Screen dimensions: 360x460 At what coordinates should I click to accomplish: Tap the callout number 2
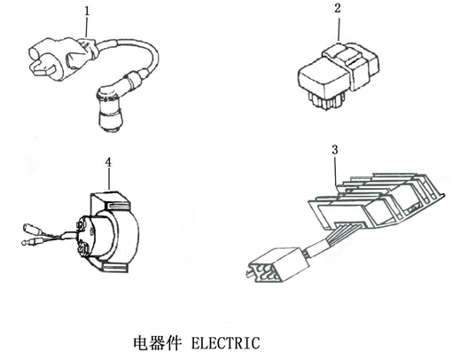pyautogui.click(x=337, y=10)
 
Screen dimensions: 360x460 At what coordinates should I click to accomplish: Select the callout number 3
pyautogui.click(x=333, y=148)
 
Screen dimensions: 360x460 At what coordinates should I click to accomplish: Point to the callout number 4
pyautogui.click(x=107, y=162)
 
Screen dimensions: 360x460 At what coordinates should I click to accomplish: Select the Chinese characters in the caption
pyautogui.click(x=152, y=340)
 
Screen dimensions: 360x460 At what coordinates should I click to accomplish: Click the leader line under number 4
pyautogui.click(x=107, y=181)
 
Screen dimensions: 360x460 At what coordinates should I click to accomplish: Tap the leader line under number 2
pyautogui.click(x=337, y=28)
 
